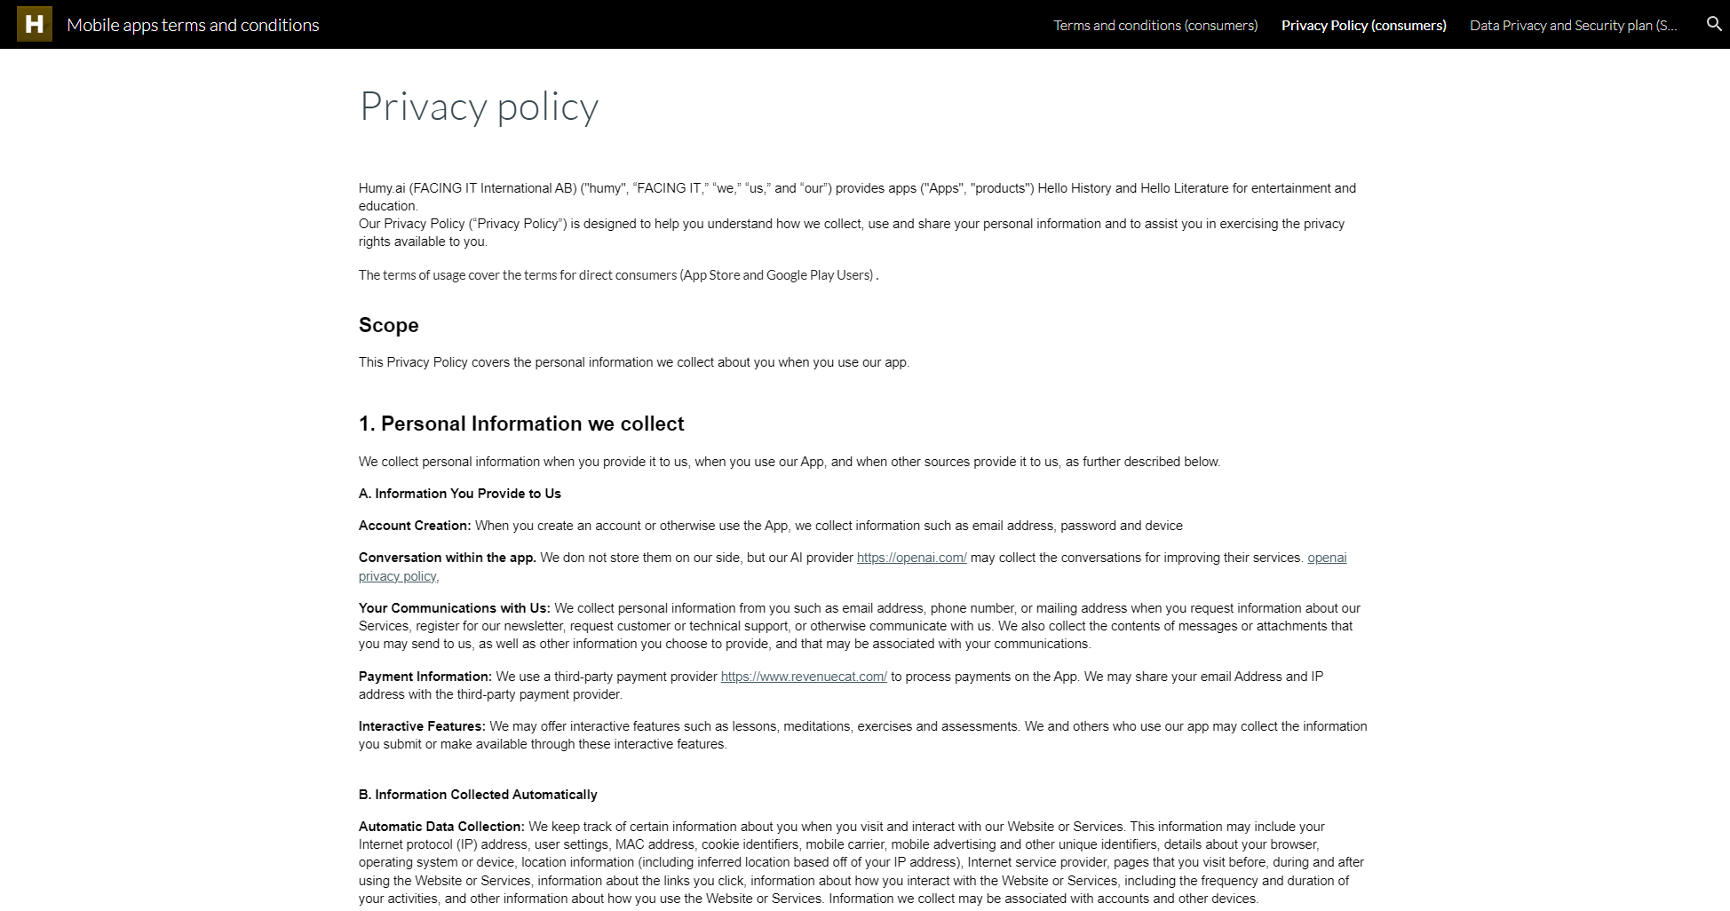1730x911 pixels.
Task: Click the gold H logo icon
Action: (x=35, y=24)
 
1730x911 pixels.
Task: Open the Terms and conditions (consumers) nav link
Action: (x=1155, y=25)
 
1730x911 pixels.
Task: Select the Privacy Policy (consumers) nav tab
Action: (x=1363, y=25)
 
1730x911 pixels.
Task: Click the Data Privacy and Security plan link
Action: (x=1573, y=25)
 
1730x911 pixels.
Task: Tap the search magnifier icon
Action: (x=1714, y=24)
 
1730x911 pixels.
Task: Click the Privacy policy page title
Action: (x=479, y=107)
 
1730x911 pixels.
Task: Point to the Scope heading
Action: (x=388, y=325)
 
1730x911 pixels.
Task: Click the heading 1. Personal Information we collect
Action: (x=521, y=424)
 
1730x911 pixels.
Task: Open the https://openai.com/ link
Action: (x=911, y=558)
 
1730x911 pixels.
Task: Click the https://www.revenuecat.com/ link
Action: (x=804, y=677)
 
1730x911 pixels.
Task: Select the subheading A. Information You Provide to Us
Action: (x=459, y=494)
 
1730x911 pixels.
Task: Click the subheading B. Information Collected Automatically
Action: (x=478, y=795)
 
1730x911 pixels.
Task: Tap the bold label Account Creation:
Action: (x=415, y=526)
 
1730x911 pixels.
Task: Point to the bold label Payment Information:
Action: (x=425, y=677)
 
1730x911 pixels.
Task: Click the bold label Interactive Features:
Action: (x=422, y=726)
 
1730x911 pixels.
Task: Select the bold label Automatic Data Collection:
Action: (x=441, y=827)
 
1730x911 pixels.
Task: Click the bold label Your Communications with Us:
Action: (x=454, y=608)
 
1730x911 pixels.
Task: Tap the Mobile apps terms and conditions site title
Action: (x=193, y=25)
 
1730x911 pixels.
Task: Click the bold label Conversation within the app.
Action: (x=447, y=558)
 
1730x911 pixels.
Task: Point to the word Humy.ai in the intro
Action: (x=382, y=188)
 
